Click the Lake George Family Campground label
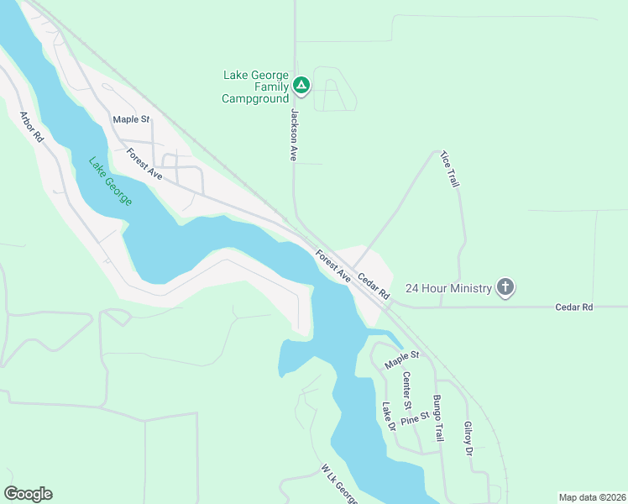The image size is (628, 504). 255,87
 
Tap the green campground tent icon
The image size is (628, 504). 302,85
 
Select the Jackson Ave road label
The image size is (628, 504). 295,134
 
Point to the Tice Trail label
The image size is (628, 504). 450,170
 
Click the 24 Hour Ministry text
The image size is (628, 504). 448,288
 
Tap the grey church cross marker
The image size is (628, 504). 505,287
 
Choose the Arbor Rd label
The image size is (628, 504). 31,126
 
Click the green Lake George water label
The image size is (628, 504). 108,182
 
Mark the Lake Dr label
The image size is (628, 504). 387,417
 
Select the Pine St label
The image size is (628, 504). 415,417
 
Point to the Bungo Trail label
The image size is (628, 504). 437,418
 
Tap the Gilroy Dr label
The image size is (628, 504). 468,438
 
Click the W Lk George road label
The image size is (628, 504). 339,486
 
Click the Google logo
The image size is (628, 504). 28,494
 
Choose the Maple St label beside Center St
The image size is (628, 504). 401,360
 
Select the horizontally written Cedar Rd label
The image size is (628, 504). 574,307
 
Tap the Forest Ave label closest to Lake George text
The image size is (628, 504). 144,163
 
